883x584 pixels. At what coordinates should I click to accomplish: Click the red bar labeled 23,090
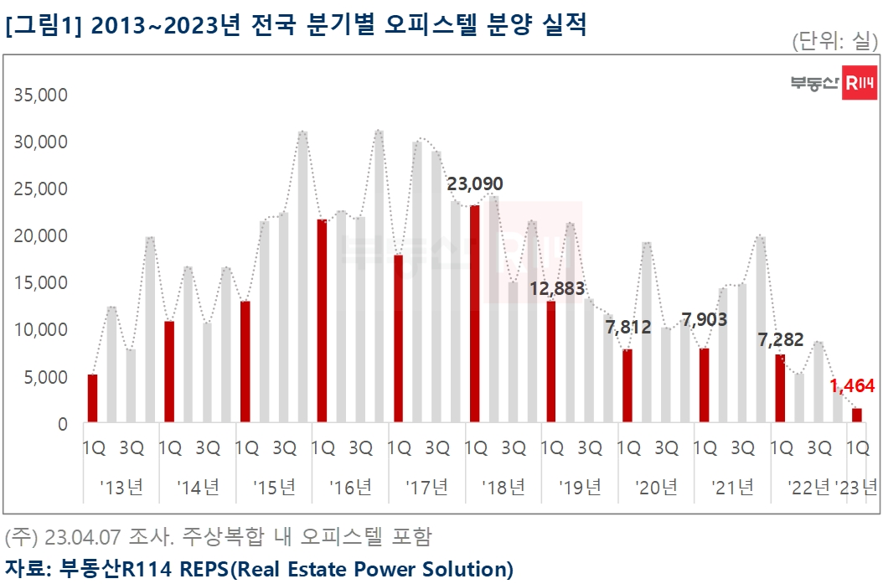475,314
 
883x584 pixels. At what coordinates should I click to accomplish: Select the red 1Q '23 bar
857,416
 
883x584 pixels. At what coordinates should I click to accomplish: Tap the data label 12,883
556,289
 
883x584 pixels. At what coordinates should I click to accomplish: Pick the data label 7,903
705,319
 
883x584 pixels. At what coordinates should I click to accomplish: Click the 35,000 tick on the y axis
41,96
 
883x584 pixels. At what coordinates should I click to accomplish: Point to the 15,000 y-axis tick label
41,283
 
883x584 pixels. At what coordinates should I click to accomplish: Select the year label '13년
121,487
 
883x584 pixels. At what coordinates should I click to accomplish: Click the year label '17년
426,487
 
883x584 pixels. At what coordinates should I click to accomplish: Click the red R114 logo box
859,83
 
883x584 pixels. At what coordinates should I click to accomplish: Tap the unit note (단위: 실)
834,41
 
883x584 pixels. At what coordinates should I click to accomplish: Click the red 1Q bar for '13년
93,399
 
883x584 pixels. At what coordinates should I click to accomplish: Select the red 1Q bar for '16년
322,321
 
